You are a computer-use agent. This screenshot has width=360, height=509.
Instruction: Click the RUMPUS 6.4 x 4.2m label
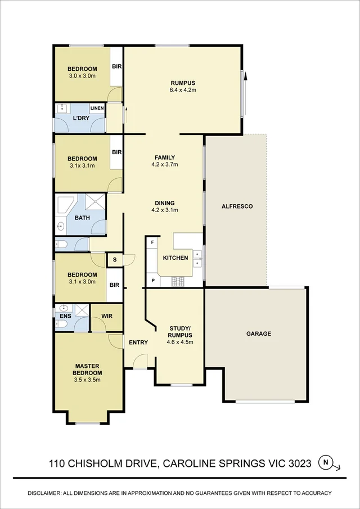(x=183, y=85)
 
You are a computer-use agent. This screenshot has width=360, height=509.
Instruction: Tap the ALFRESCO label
(x=237, y=206)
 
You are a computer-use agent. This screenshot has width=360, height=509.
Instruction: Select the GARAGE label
(x=259, y=334)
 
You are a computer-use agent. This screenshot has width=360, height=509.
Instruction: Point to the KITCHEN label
(x=175, y=258)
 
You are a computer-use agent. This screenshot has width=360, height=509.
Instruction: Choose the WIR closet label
(x=107, y=316)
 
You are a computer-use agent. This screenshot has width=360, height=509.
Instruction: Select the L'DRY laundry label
(x=81, y=119)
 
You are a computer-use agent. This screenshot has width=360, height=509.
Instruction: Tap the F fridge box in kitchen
(x=152, y=242)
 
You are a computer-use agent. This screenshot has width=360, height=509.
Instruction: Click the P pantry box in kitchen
(x=152, y=281)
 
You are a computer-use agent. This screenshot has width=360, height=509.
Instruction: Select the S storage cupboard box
(x=115, y=260)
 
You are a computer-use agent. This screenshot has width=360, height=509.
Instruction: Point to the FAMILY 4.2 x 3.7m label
(x=165, y=161)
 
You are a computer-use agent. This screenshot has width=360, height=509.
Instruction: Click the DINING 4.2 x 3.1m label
(x=165, y=206)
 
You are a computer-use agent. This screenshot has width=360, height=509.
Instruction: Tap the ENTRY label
(x=138, y=343)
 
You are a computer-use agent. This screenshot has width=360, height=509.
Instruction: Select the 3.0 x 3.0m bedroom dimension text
(x=82, y=75)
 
